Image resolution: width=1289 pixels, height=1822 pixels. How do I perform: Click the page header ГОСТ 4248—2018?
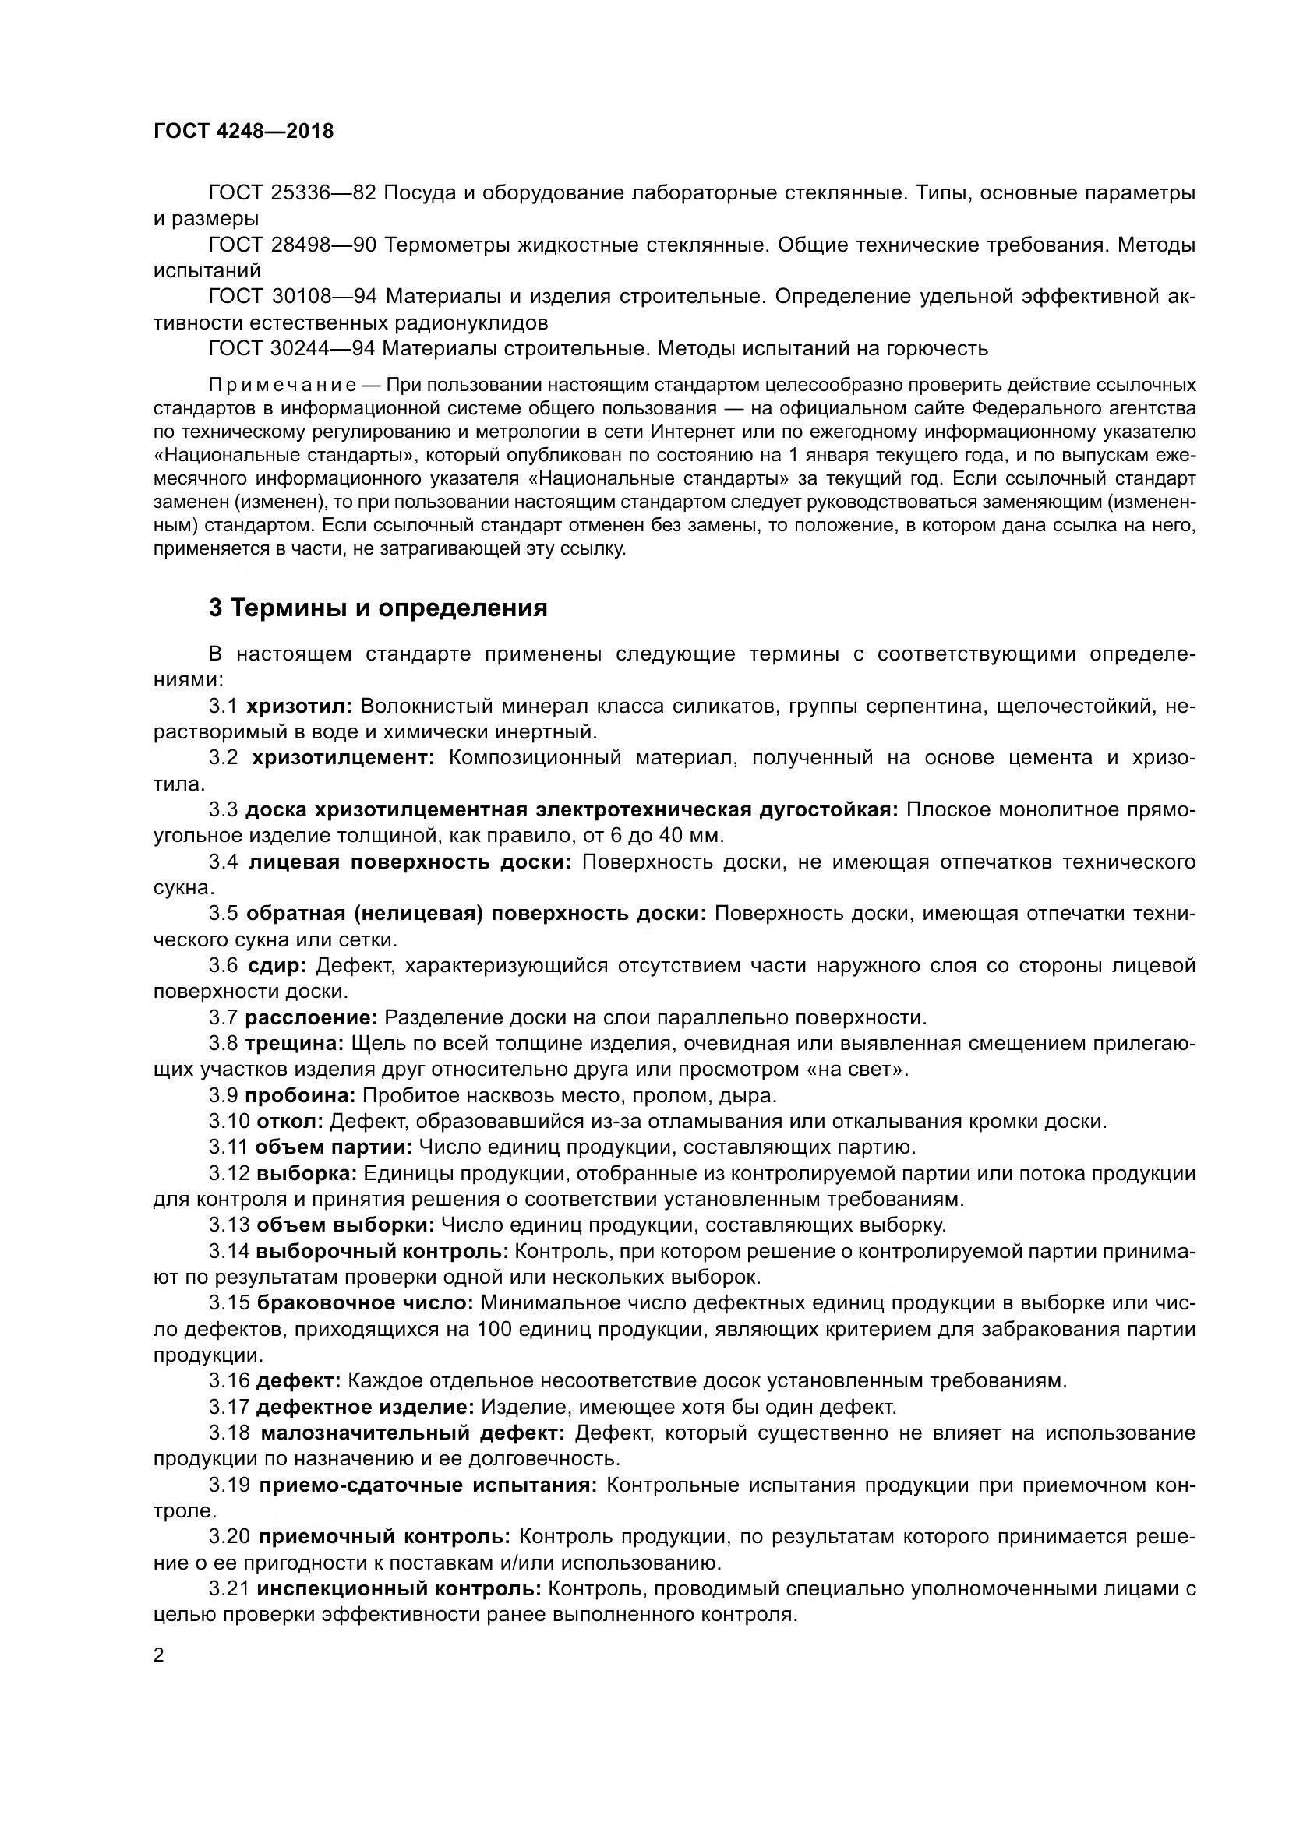244,131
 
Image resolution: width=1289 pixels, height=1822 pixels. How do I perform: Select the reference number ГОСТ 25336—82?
291,193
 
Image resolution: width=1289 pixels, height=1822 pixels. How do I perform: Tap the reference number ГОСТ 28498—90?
291,245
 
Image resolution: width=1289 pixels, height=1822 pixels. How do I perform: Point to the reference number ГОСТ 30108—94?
291,297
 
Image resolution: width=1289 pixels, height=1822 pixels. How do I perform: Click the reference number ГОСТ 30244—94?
291,348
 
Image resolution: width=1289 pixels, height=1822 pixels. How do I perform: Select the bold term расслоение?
311,1017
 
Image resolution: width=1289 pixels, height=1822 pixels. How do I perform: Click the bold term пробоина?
300,1096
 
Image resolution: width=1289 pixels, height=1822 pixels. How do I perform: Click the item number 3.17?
229,1407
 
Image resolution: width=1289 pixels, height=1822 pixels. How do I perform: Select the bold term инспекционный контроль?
399,1590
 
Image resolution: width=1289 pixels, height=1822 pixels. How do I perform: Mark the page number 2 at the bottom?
159,1655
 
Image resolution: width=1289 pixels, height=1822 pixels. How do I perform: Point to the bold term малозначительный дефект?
412,1433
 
